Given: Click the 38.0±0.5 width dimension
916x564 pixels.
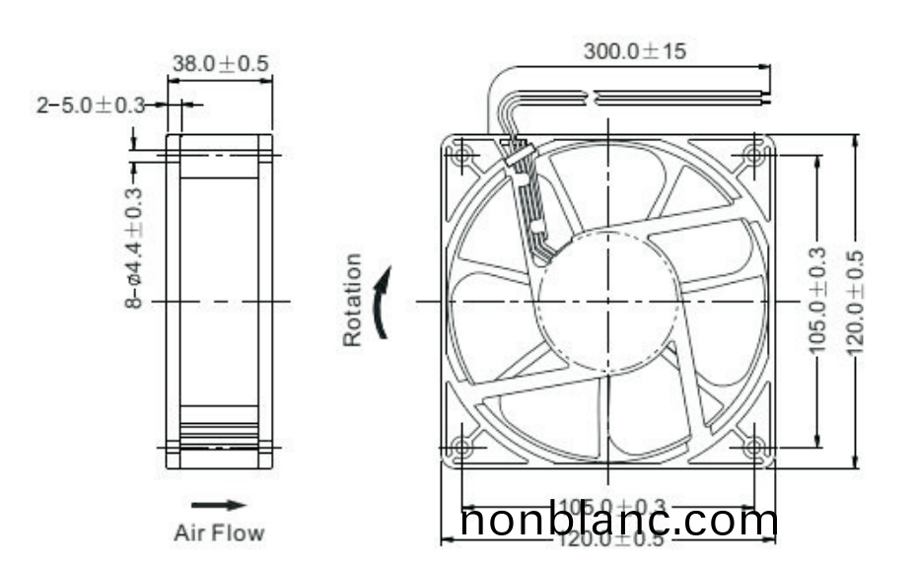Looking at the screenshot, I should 220,64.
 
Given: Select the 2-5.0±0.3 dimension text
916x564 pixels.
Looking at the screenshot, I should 91,105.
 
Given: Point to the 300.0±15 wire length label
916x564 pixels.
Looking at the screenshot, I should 634,51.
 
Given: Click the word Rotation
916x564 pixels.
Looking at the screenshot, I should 352,300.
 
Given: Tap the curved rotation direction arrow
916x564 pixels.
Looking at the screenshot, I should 385,301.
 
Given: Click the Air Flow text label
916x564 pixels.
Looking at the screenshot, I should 219,533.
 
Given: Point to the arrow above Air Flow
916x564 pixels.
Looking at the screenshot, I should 218,505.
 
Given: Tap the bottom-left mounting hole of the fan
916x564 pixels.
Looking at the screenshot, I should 461,447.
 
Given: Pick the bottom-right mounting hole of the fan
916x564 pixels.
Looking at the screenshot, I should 754,447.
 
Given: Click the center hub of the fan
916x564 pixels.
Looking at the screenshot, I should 608,300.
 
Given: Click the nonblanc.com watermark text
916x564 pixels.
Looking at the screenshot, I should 619,521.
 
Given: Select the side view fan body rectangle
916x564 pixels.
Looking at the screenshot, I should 219,300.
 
